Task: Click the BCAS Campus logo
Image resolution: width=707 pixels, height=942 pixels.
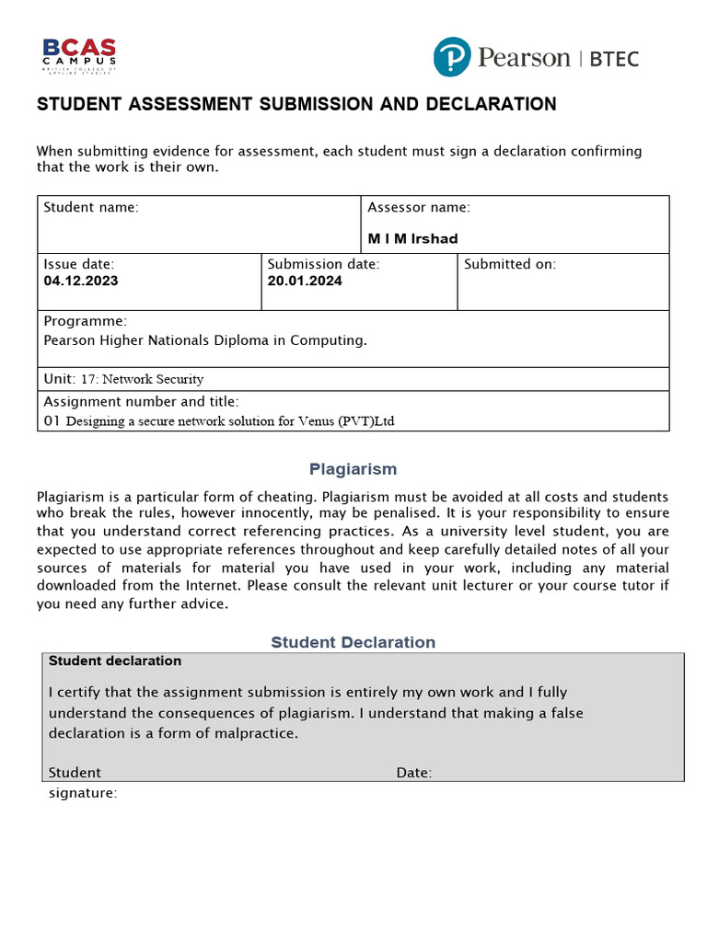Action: tap(79, 55)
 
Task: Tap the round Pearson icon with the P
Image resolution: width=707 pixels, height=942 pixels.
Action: tap(452, 58)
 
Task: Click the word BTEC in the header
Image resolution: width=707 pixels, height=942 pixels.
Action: tap(613, 59)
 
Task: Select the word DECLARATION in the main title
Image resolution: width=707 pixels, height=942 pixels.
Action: tap(491, 104)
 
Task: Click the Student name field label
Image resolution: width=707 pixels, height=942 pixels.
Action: tap(91, 207)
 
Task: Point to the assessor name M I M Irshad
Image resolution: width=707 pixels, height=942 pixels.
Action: tap(412, 238)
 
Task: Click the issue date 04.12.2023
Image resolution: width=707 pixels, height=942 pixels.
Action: tap(81, 281)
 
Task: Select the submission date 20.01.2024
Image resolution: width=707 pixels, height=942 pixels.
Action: tap(305, 281)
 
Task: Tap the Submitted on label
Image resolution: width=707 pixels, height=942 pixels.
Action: tap(510, 264)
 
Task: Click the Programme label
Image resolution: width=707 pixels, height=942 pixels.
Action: tap(85, 321)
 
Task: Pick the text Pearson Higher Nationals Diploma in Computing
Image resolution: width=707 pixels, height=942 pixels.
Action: tap(205, 339)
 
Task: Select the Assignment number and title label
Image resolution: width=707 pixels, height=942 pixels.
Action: tap(141, 401)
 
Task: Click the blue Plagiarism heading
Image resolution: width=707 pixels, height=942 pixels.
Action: tap(353, 469)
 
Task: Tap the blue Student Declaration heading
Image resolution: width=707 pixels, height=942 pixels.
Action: tap(353, 642)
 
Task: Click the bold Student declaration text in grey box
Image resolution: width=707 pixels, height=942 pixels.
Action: tap(115, 661)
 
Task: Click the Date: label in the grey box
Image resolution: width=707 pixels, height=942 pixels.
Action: tap(414, 773)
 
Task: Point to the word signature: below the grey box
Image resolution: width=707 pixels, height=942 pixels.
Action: tap(83, 793)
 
